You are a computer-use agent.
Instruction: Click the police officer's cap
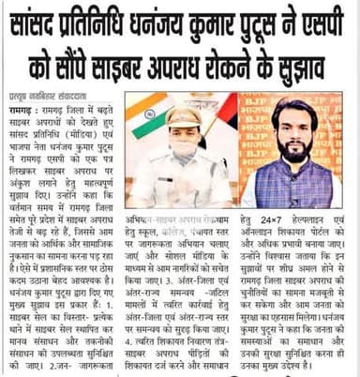tap(184, 116)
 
